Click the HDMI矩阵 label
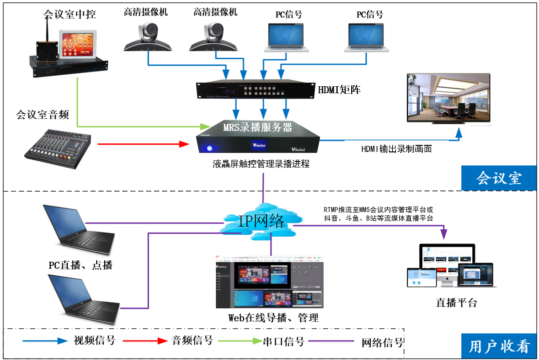[339, 90]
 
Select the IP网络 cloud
[261, 221]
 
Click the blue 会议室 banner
[498, 178]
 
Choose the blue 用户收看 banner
[499, 346]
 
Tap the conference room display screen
[448, 98]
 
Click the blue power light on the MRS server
[209, 148]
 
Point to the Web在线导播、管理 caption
[273, 317]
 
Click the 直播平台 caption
[456, 302]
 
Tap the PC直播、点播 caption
[80, 265]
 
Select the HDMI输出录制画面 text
[396, 149]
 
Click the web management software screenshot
[269, 283]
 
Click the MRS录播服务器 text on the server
[257, 127]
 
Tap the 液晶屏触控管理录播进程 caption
[260, 163]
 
